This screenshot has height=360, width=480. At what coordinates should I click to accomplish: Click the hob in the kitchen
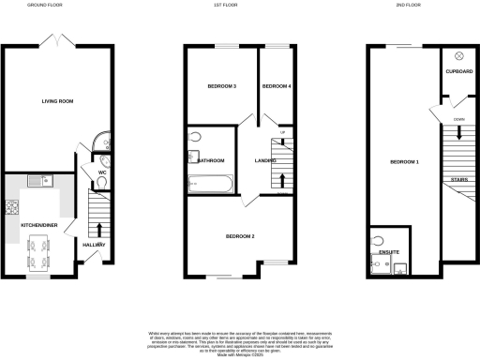click(13, 208)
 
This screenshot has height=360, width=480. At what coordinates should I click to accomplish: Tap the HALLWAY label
click(95, 246)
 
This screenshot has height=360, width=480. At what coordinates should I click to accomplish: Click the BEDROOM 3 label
click(221, 86)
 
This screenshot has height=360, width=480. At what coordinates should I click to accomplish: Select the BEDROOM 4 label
click(276, 86)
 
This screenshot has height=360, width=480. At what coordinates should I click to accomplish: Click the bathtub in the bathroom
click(213, 184)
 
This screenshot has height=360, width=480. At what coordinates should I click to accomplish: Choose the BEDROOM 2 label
click(240, 236)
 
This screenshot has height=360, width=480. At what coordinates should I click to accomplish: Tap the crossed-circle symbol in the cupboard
click(458, 55)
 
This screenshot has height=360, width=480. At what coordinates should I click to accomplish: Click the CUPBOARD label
click(458, 71)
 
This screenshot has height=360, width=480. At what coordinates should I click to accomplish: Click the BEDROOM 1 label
click(403, 162)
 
